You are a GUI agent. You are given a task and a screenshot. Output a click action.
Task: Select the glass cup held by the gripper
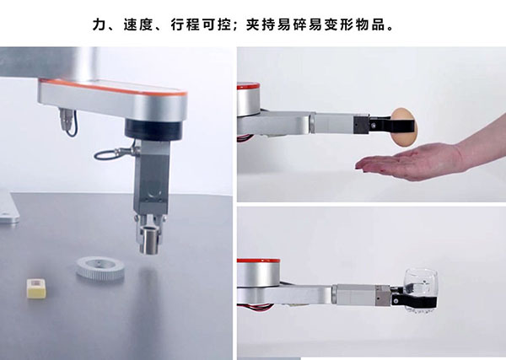pos(421,290)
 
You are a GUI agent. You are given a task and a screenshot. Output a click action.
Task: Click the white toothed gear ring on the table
pos(100,268)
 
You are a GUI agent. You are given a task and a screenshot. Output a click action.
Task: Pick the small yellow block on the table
pos(36,287)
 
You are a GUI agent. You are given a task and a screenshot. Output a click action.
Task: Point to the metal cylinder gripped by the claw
pos(150,240)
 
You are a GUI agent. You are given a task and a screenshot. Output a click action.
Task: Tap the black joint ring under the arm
pos(153,130)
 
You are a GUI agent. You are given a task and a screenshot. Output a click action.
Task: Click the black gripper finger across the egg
pos(392,125)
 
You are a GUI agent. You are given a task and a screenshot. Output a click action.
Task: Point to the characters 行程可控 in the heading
pos(201,24)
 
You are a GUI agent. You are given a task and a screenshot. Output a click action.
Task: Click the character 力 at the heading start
pos(100,24)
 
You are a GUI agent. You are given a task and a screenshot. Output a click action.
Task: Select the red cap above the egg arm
pos(248,86)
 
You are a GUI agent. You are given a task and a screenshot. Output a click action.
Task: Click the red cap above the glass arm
pos(259,261)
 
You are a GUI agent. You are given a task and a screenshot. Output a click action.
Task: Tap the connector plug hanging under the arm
pos(66,118)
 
